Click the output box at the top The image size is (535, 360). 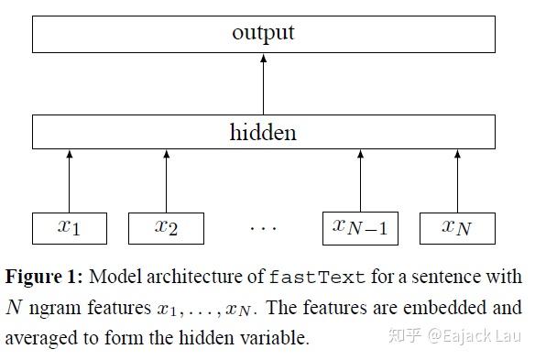(x=263, y=34)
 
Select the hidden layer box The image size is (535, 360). (x=263, y=132)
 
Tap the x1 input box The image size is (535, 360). (x=69, y=227)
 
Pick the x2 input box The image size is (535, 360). (x=166, y=227)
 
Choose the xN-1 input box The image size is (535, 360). (x=360, y=227)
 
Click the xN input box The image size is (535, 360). (x=457, y=227)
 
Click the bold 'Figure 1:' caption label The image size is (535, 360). (x=42, y=277)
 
